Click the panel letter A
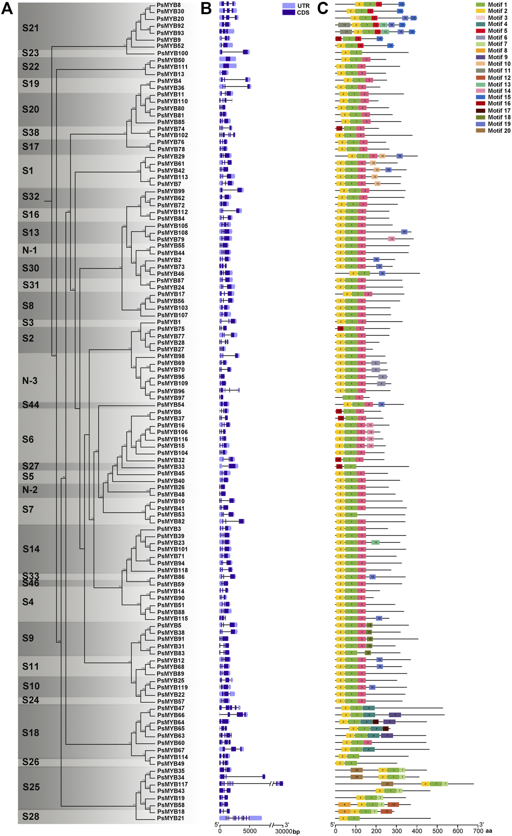7,8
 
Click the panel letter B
206,8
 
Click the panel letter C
323,8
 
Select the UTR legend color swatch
289,6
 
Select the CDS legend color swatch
289,12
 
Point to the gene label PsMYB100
172,53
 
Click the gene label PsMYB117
172,784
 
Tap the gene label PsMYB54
171,405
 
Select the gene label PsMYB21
171,818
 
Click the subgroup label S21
31,28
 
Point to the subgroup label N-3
30,381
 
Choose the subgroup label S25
31,787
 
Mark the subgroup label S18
31,733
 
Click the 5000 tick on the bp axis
250,831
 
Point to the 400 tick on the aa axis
417,830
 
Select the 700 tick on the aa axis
478,830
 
